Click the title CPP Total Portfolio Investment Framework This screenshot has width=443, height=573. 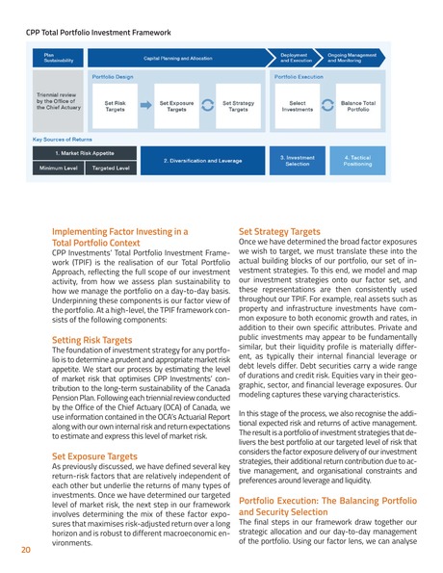(x=95, y=32)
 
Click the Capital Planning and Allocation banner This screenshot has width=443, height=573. (x=177, y=58)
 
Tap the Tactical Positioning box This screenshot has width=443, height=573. (x=357, y=160)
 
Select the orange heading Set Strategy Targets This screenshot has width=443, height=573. (x=279, y=232)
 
